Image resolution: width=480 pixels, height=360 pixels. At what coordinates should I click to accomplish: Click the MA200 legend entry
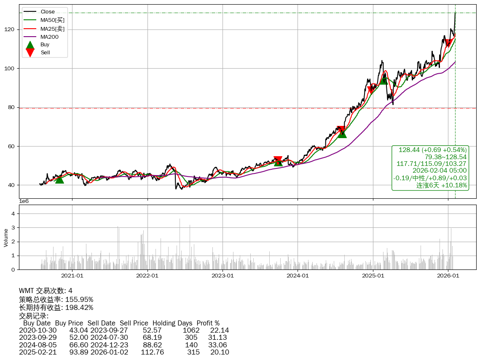tap(49, 37)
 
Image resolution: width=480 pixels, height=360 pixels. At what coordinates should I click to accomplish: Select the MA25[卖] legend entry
tap(52, 28)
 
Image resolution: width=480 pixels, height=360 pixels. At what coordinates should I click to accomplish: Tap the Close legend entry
tap(48, 12)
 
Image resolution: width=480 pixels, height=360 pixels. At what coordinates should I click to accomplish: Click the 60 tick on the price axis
tap(12, 146)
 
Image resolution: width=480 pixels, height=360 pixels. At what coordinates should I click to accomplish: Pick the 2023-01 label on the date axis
tap(223, 276)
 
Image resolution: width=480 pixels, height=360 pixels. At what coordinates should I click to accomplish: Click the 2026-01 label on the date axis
tap(448, 276)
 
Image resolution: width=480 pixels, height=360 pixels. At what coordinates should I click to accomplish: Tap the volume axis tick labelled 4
tap(13, 213)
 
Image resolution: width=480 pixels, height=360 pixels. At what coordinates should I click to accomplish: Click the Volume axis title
tap(6, 237)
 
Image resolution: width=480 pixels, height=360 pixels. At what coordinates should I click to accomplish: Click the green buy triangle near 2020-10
tap(59, 179)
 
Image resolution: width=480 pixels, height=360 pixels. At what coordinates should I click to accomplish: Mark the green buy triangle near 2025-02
tap(383, 80)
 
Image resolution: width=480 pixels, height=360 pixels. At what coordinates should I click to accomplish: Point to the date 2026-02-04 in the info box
tap(434, 171)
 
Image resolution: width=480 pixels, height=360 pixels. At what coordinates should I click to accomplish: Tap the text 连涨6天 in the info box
tap(427, 185)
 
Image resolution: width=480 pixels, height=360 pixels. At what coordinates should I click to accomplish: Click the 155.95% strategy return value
tap(79, 299)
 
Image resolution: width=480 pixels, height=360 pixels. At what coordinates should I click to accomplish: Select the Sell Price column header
tap(134, 323)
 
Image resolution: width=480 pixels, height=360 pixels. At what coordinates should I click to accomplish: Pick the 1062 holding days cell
tap(191, 330)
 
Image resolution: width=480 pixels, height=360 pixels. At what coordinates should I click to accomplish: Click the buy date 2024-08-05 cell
tap(38, 344)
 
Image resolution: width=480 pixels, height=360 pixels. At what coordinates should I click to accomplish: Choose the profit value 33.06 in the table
tap(218, 344)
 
